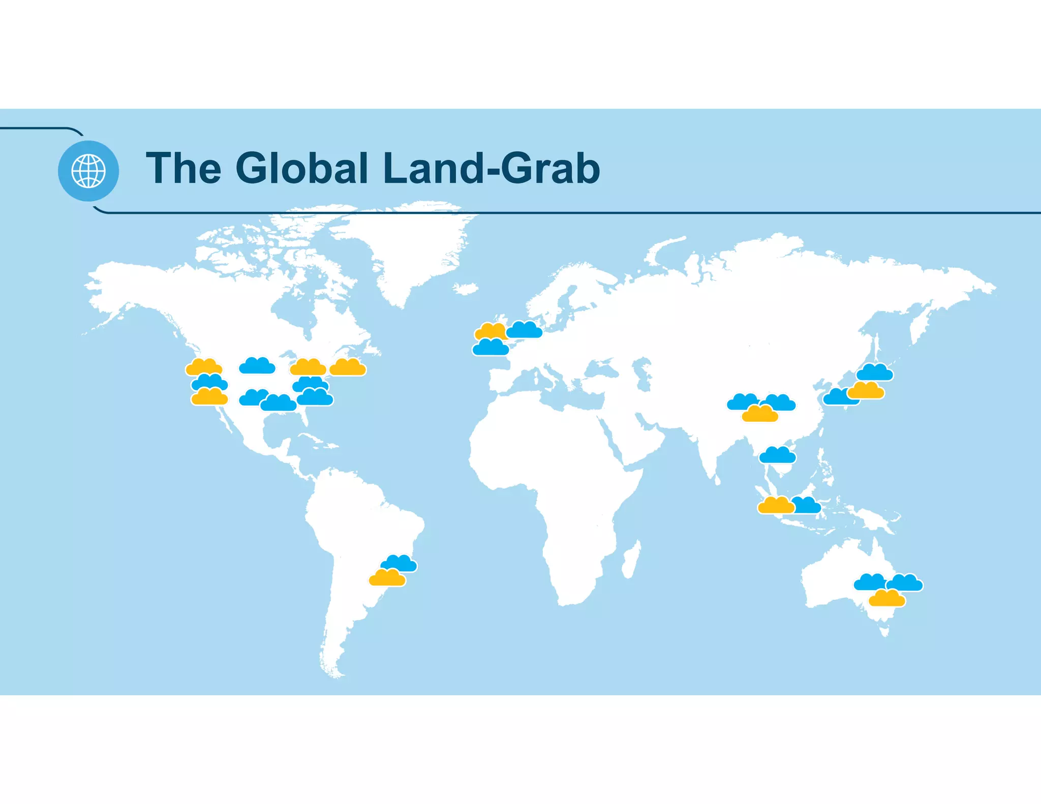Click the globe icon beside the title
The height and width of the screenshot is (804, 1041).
(88, 171)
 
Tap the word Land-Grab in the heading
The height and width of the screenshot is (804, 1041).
(491, 168)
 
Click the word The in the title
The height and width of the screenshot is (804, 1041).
(183, 168)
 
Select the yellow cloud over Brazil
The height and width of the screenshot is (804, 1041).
(387, 578)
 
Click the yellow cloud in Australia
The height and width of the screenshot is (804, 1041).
(887, 599)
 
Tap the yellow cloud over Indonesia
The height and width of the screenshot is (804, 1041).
(775, 506)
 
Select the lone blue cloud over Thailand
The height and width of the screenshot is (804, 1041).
(777, 455)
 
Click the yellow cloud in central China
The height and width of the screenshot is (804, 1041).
(760, 414)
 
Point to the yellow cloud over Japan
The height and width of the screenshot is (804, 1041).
(867, 391)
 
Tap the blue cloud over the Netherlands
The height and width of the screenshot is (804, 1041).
(525, 330)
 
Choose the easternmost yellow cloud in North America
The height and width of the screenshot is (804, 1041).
(348, 367)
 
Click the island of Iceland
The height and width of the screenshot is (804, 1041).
(465, 289)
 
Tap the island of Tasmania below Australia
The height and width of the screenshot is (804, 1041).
(885, 632)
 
